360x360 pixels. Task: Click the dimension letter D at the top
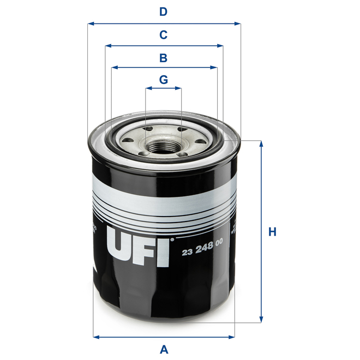(x=163, y=11)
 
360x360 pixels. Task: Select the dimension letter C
(x=163, y=35)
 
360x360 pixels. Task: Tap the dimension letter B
(x=163, y=57)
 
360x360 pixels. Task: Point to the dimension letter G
(x=163, y=79)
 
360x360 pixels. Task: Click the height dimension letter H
(x=272, y=232)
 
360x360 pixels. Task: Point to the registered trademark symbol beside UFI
(x=172, y=239)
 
